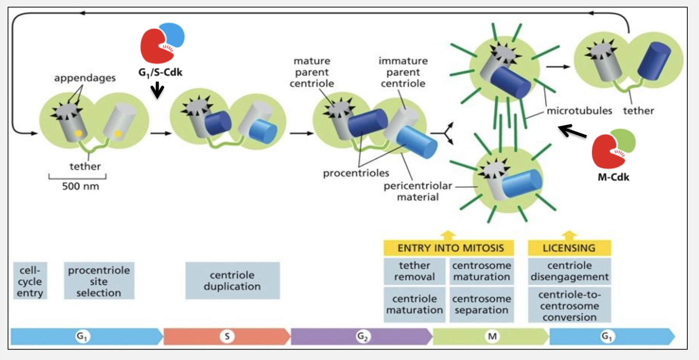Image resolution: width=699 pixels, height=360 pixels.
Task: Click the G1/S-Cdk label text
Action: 160,72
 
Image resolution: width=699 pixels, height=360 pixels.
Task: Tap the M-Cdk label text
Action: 613,177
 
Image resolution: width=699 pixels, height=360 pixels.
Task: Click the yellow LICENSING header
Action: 569,248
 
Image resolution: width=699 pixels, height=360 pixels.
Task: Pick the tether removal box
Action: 414,271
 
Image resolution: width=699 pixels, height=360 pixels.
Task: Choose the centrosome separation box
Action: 482,305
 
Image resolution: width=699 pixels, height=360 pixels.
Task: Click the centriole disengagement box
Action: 569,271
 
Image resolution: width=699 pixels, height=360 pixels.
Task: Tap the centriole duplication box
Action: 232,281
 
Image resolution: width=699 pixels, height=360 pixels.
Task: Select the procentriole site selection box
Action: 99,281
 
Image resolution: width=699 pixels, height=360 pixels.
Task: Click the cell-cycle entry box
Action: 30,281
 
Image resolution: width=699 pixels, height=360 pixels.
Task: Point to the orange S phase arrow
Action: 227,336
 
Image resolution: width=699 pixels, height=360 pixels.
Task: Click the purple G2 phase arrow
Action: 362,336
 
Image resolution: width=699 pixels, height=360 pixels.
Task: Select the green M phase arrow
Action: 492,336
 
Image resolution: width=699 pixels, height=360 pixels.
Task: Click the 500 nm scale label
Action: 80,186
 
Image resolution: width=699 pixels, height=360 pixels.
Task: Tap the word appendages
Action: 85,78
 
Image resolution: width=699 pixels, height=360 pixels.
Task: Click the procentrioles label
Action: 356,173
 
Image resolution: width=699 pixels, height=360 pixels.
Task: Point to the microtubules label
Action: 579,111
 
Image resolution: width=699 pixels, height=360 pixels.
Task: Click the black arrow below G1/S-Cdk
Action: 157,90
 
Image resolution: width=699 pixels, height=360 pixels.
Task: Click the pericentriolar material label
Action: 418,191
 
